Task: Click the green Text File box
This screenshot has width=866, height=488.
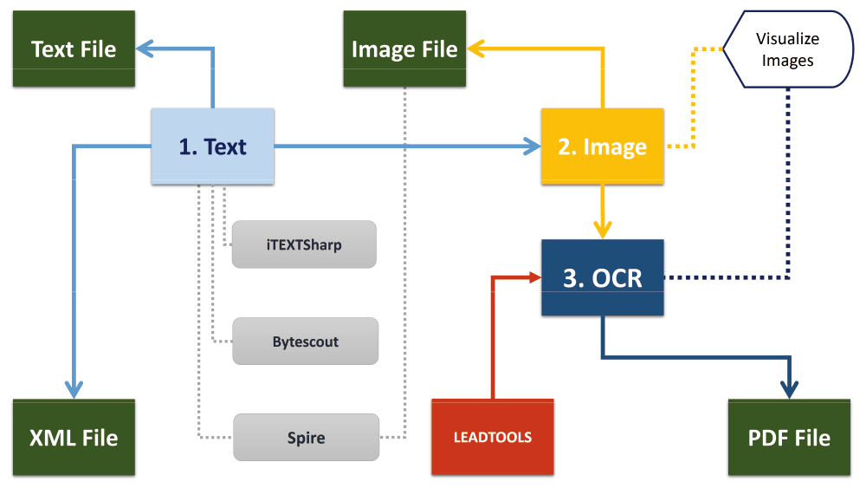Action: tap(74, 49)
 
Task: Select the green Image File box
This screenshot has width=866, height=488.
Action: tap(404, 49)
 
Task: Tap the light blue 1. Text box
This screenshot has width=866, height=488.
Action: tap(213, 146)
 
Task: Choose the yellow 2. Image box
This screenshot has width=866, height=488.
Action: tap(602, 146)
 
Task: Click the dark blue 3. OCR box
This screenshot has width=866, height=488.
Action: tap(602, 278)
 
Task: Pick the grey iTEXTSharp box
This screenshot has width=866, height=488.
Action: tap(304, 244)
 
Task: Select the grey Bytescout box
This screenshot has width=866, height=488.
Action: tap(305, 342)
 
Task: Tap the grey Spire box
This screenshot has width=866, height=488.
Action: tap(306, 438)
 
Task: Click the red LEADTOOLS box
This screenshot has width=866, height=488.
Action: tap(492, 437)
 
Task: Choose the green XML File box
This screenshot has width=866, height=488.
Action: tap(74, 438)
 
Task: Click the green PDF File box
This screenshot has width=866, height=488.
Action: tap(789, 438)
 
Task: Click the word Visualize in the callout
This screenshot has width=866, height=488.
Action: tap(787, 39)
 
